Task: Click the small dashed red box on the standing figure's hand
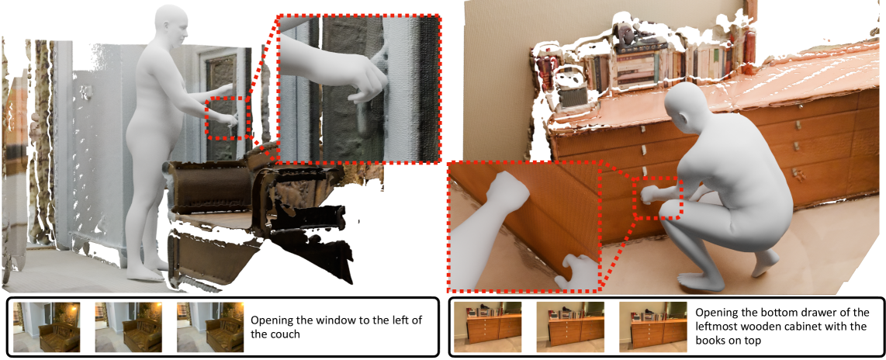(227, 118)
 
